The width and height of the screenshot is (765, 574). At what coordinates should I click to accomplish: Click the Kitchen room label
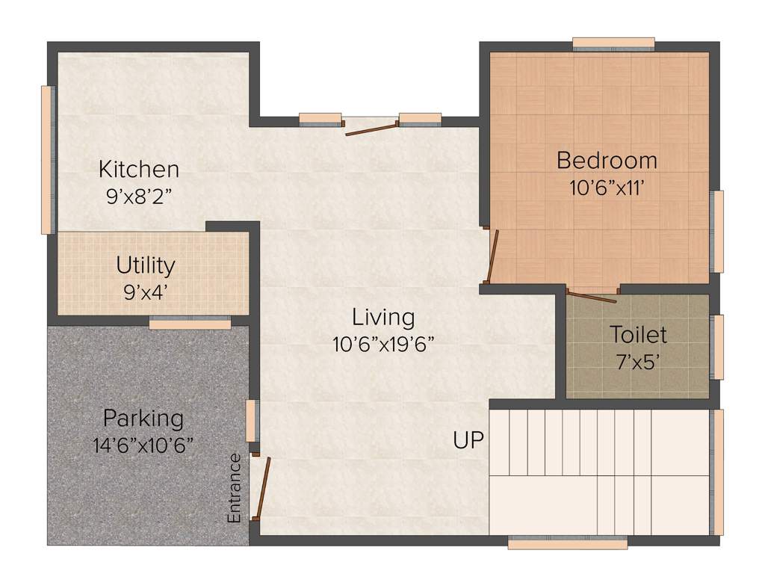(x=139, y=169)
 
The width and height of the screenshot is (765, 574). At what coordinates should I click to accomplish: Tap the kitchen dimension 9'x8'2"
(x=139, y=197)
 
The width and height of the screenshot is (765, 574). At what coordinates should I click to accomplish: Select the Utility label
(x=146, y=265)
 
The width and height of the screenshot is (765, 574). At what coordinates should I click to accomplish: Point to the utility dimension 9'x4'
(x=146, y=291)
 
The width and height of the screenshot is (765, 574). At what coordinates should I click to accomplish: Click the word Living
(x=383, y=317)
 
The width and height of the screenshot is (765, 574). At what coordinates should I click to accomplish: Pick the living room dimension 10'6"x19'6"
(x=383, y=344)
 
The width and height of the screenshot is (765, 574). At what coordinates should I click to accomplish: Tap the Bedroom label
(x=607, y=160)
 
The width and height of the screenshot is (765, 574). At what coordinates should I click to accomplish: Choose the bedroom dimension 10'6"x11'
(x=607, y=187)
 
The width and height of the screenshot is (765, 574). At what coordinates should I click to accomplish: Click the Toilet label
(x=638, y=333)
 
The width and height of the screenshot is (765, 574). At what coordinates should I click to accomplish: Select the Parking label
(x=143, y=417)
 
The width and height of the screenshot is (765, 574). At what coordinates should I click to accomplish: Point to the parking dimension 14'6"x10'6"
(x=143, y=445)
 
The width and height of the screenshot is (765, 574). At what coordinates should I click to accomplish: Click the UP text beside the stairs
(x=468, y=440)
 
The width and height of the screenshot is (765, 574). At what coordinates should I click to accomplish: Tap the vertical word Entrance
(x=235, y=488)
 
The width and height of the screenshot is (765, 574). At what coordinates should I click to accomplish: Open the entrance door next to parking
(x=261, y=489)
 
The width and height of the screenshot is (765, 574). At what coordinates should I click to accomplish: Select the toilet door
(x=592, y=296)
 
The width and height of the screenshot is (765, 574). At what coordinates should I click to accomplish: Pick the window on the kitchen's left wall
(x=48, y=159)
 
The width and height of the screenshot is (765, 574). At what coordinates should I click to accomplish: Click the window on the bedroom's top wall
(x=613, y=44)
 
